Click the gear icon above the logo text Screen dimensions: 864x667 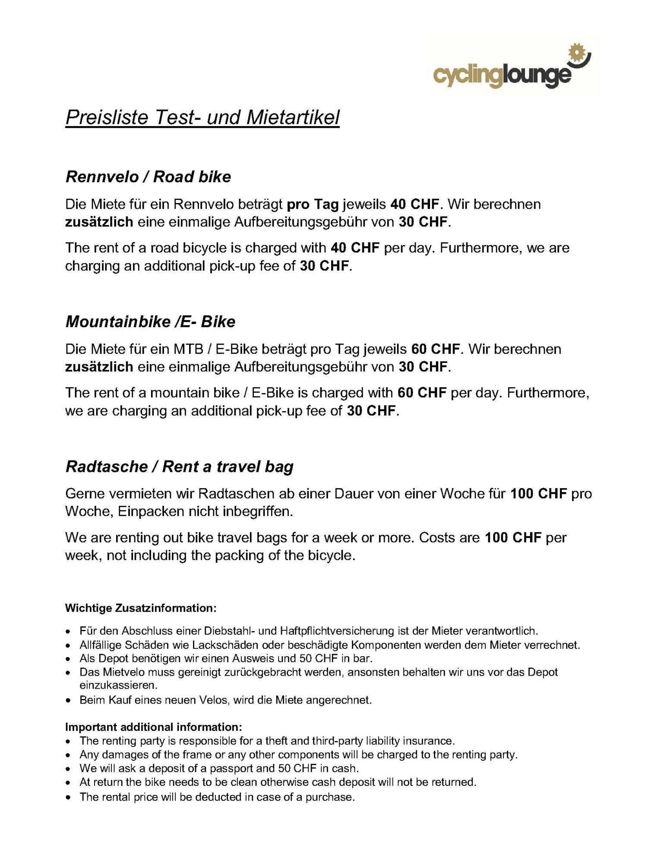[578, 54]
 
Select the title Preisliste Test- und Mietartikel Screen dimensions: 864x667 [202, 118]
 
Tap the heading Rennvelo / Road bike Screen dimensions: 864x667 [148, 177]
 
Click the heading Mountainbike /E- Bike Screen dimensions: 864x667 [150, 321]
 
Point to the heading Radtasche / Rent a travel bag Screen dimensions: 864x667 [179, 467]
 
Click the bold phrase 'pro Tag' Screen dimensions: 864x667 [313, 204]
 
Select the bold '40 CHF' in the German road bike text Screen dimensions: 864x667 [414, 204]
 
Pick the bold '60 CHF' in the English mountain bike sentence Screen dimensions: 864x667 [422, 393]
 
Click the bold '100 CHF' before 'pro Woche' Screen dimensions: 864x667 [538, 494]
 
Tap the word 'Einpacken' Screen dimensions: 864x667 [151, 511]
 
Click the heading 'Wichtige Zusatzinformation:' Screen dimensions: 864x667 [140, 608]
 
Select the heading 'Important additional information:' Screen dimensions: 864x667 [153, 727]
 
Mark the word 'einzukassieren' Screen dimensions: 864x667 [118, 685]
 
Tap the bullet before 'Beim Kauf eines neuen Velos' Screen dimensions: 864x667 [68, 700]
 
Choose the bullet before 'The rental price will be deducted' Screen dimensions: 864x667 [68, 797]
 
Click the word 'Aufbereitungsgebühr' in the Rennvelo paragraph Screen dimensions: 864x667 [314, 222]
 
